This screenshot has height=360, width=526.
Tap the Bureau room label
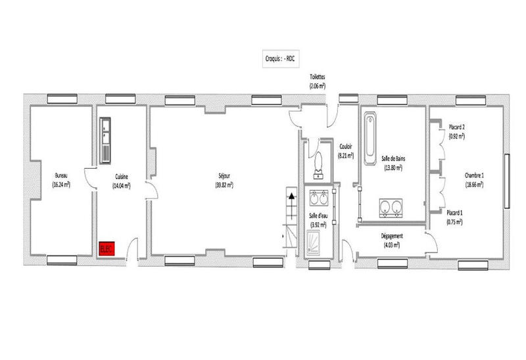coord(61,176)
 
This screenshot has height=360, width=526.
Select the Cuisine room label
coord(122,176)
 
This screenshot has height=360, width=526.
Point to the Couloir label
coord(346,147)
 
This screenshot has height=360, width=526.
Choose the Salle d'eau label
coord(318,216)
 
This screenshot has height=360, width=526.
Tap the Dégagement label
coord(392,236)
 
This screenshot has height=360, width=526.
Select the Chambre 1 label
coord(474,175)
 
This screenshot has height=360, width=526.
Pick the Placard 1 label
coord(454,213)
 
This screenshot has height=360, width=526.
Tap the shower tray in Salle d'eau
coord(319,244)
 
